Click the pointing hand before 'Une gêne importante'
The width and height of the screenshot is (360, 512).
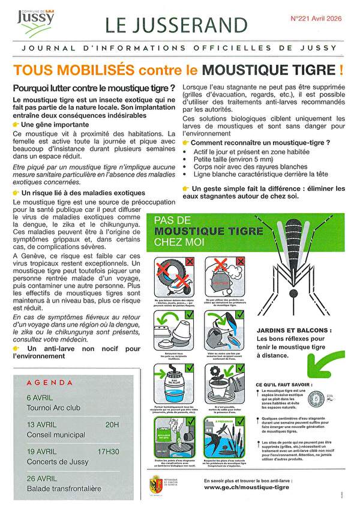tap(16, 124)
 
